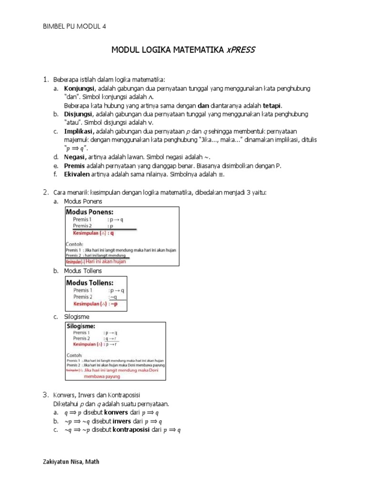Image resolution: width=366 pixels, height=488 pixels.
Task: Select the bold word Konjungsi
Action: pyautogui.click(x=80, y=89)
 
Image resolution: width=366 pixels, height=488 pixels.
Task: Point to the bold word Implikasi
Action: pyautogui.click(x=79, y=131)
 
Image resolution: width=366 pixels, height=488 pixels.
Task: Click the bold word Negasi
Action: pyautogui.click(x=75, y=157)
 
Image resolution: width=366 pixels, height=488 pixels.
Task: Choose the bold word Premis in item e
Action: pyautogui.click(x=75, y=165)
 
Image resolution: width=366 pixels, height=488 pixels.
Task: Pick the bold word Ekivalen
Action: pyautogui.click(x=77, y=174)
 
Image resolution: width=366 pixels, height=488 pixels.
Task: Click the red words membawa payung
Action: pyautogui.click(x=102, y=376)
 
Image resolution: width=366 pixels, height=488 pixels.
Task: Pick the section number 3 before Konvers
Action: pyautogui.click(x=45, y=395)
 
